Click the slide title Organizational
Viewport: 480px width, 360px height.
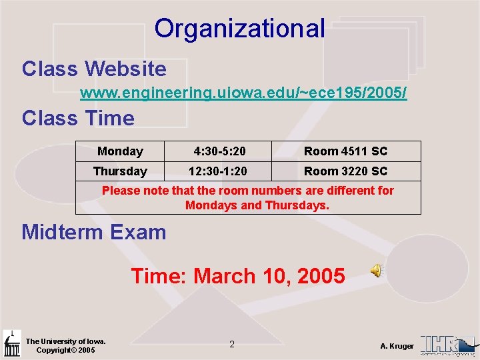[240, 28]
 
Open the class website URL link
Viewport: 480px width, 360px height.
[243, 93]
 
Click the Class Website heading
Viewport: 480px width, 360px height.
[94, 68]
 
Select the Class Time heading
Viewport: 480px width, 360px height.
[78, 118]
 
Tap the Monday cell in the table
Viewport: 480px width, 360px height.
[120, 151]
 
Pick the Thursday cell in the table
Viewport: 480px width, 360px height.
[120, 171]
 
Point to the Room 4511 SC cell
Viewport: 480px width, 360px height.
[345, 151]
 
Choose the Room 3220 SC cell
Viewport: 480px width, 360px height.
[345, 171]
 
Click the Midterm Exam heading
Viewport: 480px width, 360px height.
[94, 232]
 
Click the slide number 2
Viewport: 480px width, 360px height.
[232, 345]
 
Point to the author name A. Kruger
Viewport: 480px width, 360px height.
[397, 346]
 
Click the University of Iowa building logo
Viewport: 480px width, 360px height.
[11, 344]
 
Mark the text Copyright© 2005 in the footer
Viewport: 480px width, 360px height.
[65, 350]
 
